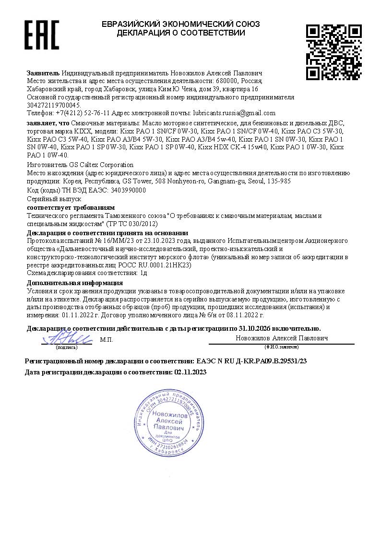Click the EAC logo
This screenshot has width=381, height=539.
tap(42, 35)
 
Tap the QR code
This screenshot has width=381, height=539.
tap(333, 52)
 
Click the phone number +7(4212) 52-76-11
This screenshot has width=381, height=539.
tap(84, 113)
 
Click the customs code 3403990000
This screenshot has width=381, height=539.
tap(128, 190)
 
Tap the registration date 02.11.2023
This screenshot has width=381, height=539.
tap(190, 372)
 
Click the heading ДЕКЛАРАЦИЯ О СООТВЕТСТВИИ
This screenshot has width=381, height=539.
tap(181, 33)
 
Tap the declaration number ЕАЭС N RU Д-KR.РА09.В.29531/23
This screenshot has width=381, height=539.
tap(252, 360)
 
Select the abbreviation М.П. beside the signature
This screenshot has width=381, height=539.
tap(106, 339)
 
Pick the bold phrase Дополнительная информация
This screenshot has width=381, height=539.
tap(75, 283)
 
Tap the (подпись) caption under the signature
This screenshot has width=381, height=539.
tap(66, 347)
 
